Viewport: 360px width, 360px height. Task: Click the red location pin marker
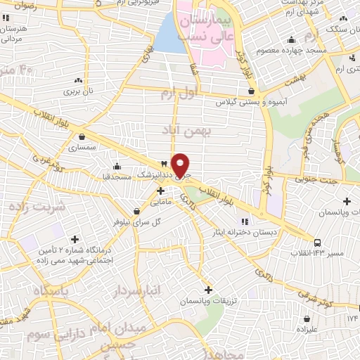(181, 165)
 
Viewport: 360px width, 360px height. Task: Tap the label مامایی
(161, 201)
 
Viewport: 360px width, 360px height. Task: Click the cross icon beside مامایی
(161, 190)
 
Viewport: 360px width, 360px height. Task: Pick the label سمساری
(83, 148)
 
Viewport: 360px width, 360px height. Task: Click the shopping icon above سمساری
(83, 136)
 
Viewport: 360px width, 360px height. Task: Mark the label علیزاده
(309, 329)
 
